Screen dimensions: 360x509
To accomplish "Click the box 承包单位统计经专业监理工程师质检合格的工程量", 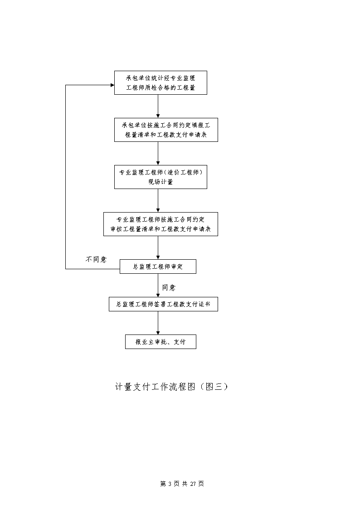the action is click(x=161, y=83).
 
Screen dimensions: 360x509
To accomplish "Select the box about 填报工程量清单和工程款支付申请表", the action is click(x=166, y=130).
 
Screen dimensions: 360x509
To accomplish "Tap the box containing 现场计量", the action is click(x=161, y=177).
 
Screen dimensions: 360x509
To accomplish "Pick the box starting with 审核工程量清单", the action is click(x=161, y=224).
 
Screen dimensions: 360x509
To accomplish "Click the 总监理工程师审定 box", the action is click(x=158, y=267).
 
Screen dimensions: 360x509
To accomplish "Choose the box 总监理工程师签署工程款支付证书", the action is click(x=163, y=304).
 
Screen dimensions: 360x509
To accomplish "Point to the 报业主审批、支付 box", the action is click(x=161, y=342).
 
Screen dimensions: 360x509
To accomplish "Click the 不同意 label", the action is click(x=96, y=259).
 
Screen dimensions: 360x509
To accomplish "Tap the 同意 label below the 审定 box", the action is click(x=169, y=288).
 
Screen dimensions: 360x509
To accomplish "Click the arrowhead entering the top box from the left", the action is click(x=112, y=85).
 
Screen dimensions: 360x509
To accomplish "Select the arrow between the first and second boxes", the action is click(x=158, y=106).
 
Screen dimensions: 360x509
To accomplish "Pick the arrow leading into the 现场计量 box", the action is click(x=158, y=154).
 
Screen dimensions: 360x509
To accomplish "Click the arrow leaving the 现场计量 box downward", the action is click(x=158, y=201).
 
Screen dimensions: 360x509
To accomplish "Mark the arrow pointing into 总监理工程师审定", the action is click(x=158, y=247).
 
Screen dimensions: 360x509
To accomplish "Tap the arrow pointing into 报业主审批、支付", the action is click(x=158, y=323).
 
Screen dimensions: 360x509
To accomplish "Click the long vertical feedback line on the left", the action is click(x=66, y=177).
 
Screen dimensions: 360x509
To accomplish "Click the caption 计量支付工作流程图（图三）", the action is click(x=172, y=387).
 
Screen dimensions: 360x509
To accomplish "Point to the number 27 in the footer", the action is click(x=193, y=484).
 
